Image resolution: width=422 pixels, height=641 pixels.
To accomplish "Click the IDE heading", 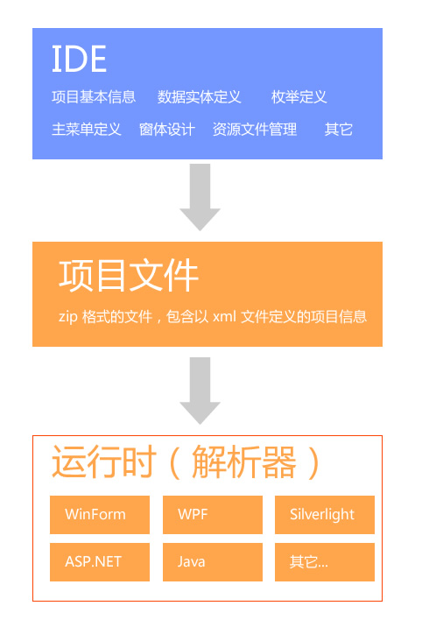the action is point(79,59).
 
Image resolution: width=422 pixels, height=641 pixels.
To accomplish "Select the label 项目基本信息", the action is point(94,97).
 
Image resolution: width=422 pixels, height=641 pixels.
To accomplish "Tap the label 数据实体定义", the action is point(199,97).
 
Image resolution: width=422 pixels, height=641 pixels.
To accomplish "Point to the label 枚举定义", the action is point(299,97).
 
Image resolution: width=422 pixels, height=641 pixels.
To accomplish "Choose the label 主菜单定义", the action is point(87,130).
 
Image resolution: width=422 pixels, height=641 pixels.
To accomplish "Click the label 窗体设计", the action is point(167,130).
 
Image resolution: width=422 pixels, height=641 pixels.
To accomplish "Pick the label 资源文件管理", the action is point(255,130).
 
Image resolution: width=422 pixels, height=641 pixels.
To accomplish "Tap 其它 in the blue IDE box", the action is point(338,130).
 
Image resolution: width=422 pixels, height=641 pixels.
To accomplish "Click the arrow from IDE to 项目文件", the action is point(200,197).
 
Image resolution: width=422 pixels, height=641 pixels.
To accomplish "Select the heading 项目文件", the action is point(129,276).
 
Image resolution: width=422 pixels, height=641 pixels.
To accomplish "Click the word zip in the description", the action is point(68,317).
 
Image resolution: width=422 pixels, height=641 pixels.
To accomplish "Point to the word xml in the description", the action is point(224,316).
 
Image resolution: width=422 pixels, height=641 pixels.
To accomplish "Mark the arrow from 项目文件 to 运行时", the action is point(200,391).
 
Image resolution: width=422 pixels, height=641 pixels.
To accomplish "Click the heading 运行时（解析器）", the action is point(186,462).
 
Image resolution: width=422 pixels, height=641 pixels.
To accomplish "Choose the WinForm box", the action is point(100,515).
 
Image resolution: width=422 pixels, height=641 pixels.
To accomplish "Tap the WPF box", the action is point(213,515).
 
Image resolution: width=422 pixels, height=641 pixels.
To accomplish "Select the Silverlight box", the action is point(325,515).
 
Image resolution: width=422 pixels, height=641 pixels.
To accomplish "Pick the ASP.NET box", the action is point(100,562).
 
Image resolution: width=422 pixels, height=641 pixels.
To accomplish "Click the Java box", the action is point(213,562).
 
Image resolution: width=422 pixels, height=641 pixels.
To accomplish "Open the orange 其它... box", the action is point(325,562).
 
